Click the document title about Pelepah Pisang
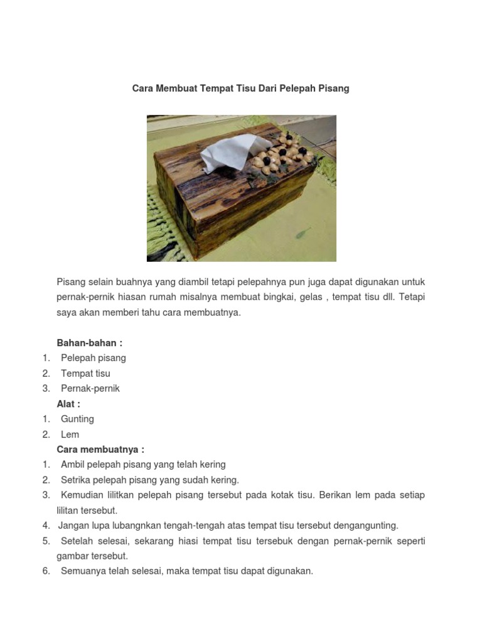(240, 89)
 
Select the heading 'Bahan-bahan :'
(90, 343)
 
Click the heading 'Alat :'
(68, 404)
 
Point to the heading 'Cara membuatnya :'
(100, 450)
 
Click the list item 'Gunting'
(77, 419)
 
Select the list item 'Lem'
(70, 435)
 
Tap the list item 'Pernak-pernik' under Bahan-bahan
(90, 389)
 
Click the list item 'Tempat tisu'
(85, 374)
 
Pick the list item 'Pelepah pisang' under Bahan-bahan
(93, 358)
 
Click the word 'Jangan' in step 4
(73, 526)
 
